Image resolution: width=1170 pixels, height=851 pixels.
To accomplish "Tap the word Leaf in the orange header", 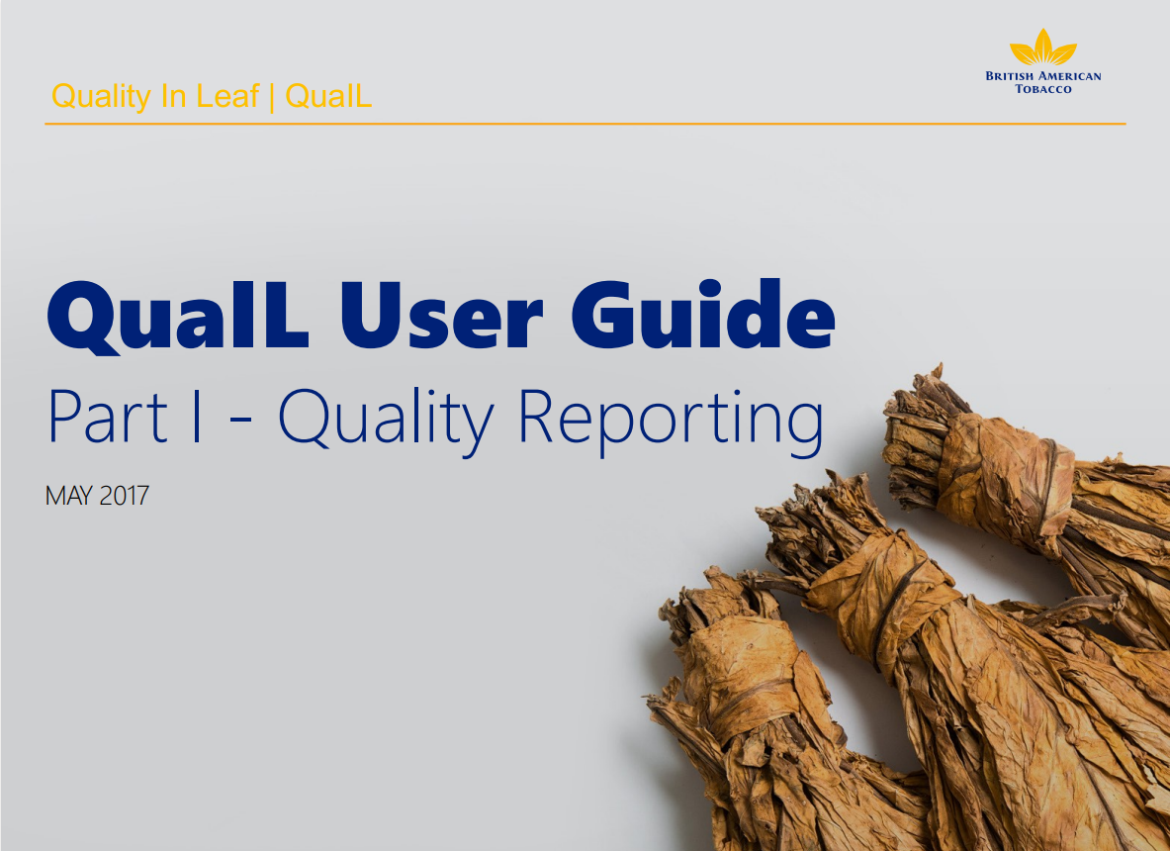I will pos(226,97).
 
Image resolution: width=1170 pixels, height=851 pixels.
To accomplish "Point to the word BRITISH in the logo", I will pos(1012,76).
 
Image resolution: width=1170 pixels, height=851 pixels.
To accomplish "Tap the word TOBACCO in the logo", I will pos(1042,89).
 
